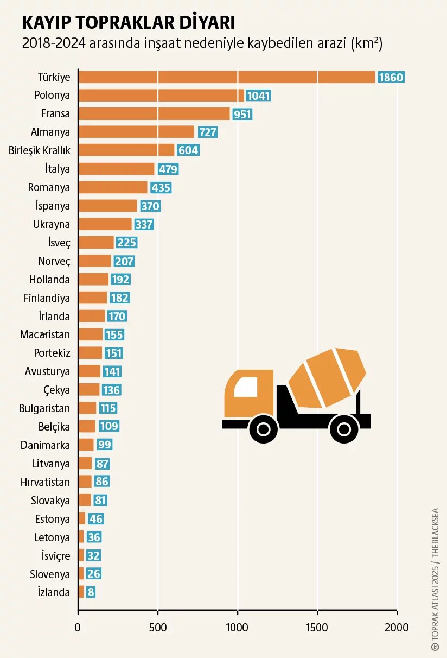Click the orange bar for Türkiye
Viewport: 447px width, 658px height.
pyautogui.click(x=227, y=77)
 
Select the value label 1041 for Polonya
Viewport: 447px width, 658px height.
pyautogui.click(x=258, y=96)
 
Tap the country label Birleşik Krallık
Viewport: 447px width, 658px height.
pyautogui.click(x=39, y=150)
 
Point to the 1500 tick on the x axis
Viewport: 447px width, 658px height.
pyautogui.click(x=317, y=628)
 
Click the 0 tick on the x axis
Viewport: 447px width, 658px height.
pyautogui.click(x=78, y=628)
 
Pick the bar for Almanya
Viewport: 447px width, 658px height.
pyautogui.click(x=136, y=132)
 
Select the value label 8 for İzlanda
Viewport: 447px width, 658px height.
pyautogui.click(x=91, y=592)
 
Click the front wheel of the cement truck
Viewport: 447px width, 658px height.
pyautogui.click(x=264, y=428)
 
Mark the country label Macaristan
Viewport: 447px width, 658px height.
pyautogui.click(x=45, y=334)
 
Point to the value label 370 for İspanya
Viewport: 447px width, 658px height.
pyautogui.click(x=150, y=206)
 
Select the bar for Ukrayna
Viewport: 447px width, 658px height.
pyautogui.click(x=105, y=224)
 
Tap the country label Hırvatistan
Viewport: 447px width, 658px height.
pyautogui.click(x=45, y=482)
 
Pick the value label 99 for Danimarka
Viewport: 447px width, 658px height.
pyautogui.click(x=105, y=445)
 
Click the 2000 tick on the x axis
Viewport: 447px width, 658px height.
pyautogui.click(x=397, y=628)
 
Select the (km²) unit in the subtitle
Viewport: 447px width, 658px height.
pyautogui.click(x=367, y=43)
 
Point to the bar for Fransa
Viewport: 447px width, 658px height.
pyautogui.click(x=154, y=114)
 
